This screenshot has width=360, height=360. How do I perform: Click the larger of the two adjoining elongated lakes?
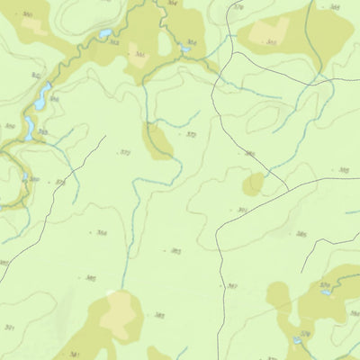click(x=42, y=94)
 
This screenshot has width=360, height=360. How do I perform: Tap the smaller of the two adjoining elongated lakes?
click(x=30, y=128)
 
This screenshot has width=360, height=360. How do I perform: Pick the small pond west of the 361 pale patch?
click(x=105, y=35)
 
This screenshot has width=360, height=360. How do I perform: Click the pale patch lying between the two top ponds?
click(x=141, y=54)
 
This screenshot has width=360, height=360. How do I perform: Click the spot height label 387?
click(x=232, y=287)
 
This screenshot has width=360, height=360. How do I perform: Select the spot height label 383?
click(x=158, y=315)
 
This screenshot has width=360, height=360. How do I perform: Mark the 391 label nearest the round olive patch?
click(x=242, y=210)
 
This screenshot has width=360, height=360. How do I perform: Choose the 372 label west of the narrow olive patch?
click(x=125, y=153)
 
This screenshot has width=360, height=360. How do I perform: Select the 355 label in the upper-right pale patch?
click(x=271, y=41)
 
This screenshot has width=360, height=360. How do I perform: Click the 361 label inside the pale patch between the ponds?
click(x=139, y=55)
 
